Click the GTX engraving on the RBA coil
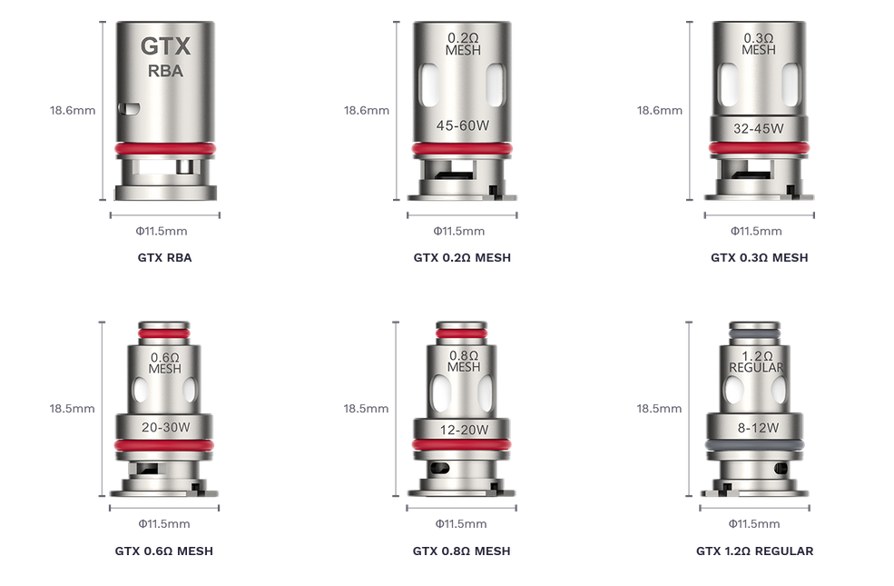click(164, 45)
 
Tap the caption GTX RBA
click(164, 257)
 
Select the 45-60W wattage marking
click(462, 125)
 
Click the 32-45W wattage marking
click(758, 128)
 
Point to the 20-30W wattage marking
click(164, 428)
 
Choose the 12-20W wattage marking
click(462, 430)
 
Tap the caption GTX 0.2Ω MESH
click(462, 257)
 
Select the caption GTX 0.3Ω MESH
click(759, 257)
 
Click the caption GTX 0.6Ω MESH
click(164, 551)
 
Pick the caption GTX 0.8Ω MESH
click(461, 551)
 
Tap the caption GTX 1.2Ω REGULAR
click(754, 551)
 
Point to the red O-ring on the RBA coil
click(164, 148)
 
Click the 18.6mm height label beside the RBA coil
click(73, 111)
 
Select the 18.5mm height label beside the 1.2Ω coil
click(659, 409)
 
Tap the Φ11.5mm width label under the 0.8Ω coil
click(461, 523)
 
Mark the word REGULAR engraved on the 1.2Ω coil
click(756, 368)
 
